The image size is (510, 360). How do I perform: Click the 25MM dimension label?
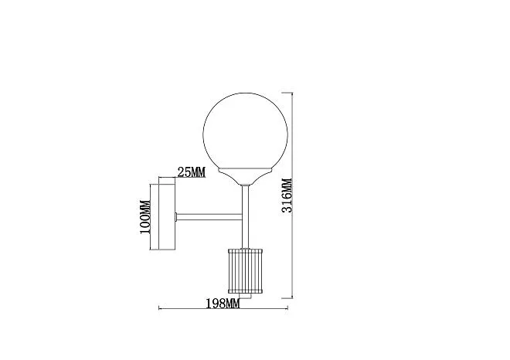(x=192, y=172)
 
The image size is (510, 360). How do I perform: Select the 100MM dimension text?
(x=145, y=217)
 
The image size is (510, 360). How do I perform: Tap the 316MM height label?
(x=287, y=195)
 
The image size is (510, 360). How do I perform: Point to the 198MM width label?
(x=223, y=304)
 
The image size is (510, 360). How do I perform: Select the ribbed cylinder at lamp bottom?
(x=245, y=270)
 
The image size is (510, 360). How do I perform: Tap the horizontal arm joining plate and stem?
(x=209, y=216)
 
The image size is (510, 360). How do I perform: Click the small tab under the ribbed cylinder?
(x=246, y=296)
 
